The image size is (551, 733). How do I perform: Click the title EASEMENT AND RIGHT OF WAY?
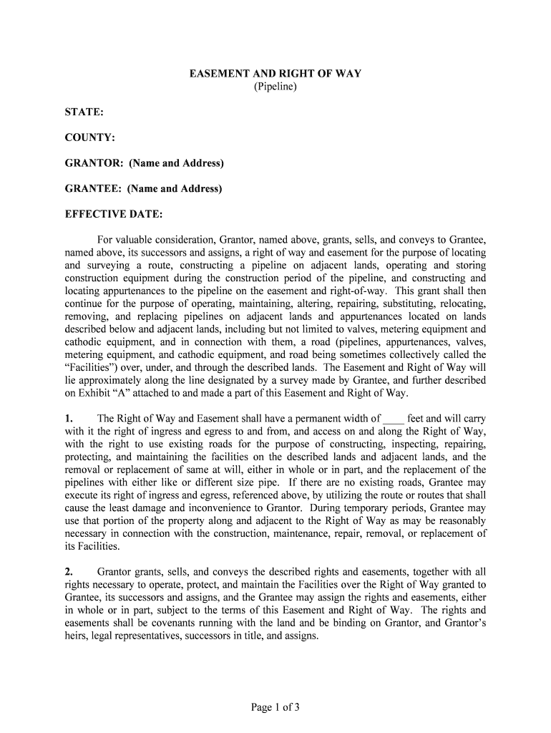point(275,74)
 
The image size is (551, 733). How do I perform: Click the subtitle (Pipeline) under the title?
point(275,87)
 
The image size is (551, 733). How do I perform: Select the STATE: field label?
point(84,113)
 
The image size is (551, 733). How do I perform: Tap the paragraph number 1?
point(69,419)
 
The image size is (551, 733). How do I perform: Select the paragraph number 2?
point(69,572)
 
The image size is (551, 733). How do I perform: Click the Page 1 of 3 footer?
point(275,708)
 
